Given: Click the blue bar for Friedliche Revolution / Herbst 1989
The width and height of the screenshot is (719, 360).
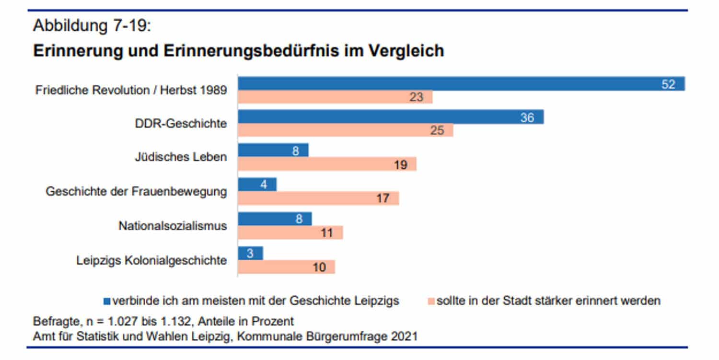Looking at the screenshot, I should coord(460,84).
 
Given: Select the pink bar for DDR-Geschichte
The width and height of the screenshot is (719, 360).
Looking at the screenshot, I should coord(345,130).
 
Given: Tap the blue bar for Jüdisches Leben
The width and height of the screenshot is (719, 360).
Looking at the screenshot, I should coord(273,151).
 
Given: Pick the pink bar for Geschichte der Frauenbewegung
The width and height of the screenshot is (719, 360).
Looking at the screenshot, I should coord(318,198).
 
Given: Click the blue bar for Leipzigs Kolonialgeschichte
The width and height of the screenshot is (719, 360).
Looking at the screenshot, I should coord(250,253).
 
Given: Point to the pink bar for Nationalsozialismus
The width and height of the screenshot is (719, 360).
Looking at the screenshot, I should coord(290,233).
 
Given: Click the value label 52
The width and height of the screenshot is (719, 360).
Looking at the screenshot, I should coord(668,84).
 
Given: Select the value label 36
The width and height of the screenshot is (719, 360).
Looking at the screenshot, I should coord(527,117).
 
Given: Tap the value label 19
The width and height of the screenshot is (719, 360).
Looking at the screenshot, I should coord(400,164).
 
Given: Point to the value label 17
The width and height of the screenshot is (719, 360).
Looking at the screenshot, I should coord(383,198).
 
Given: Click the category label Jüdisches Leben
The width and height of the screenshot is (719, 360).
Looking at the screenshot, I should coord(181,157).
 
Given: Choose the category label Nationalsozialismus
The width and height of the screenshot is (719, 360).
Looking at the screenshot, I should coord(173,226).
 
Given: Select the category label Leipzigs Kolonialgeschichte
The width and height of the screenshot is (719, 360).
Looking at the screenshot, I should coord(151,260).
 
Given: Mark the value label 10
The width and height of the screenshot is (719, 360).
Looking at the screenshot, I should coord(319,267).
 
